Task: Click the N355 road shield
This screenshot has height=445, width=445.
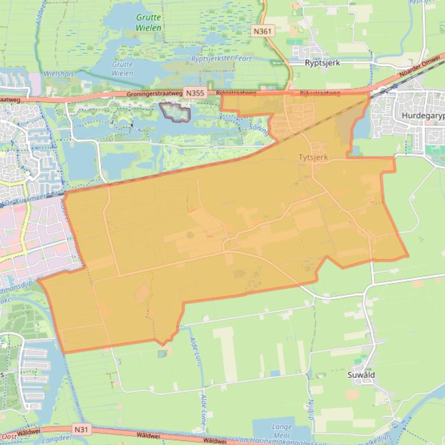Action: [194, 92]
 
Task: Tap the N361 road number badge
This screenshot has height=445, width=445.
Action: [263, 29]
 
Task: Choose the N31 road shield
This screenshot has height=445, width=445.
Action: [82, 429]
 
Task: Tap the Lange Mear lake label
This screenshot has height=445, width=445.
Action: [281, 431]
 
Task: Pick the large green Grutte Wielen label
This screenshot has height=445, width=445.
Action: [149, 23]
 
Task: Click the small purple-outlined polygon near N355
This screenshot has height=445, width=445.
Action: [176, 112]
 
